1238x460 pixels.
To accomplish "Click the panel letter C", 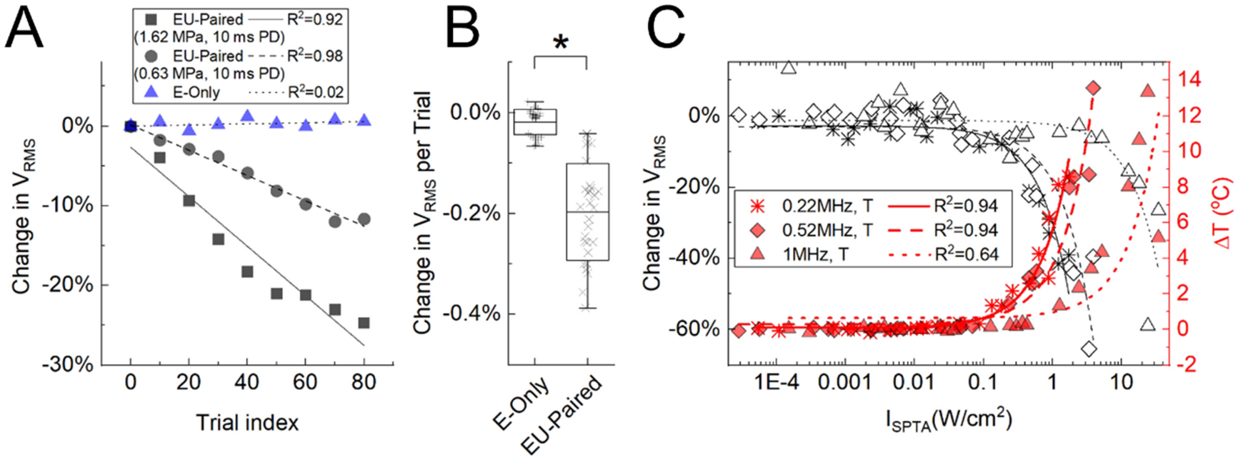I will point(667,30).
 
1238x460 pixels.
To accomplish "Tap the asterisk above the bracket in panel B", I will point(561,43).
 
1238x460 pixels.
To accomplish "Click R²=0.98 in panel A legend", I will point(315,56).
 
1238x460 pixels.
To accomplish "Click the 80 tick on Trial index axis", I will point(364,383).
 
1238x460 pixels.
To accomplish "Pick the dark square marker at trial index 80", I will point(364,323).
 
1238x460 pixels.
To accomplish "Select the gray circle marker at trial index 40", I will point(247,173).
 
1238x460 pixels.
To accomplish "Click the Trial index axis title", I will point(247,423).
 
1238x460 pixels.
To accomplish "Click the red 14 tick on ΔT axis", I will point(1185,80).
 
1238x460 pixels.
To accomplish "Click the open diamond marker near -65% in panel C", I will point(1089,349).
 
